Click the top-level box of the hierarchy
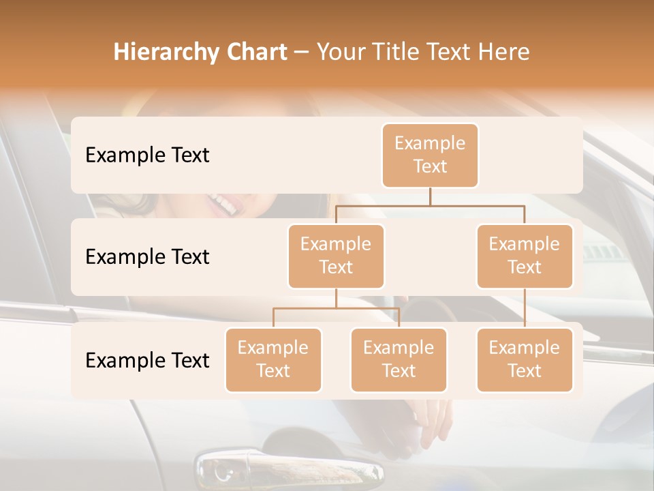coord(430,155)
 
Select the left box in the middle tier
coord(336,256)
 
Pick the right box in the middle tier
coord(525,256)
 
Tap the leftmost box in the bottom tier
coord(273,359)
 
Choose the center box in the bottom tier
coord(399,359)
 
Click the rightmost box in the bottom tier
coord(525,359)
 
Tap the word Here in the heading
coord(503,53)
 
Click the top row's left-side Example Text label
coord(147,155)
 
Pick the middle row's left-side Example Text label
coord(147,256)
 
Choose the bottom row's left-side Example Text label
coord(147,360)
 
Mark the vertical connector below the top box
coord(430,196)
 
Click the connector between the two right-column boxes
coord(525,308)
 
